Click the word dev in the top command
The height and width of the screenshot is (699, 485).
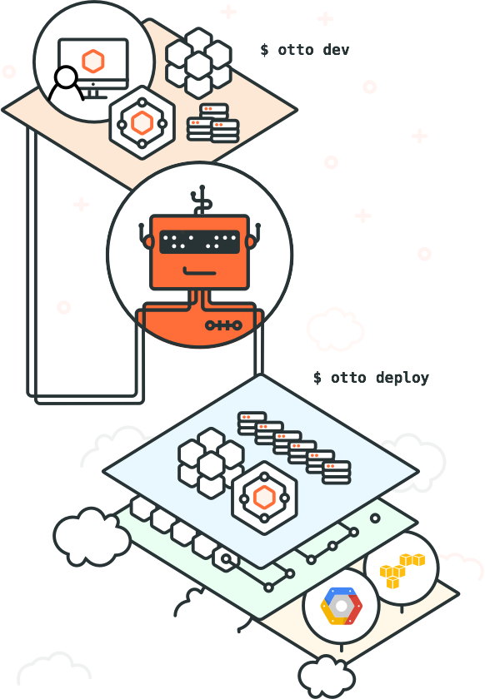pyautogui.click(x=336, y=49)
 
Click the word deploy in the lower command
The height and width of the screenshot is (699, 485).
pyautogui.click(x=402, y=378)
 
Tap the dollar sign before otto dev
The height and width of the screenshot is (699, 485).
pyautogui.click(x=265, y=49)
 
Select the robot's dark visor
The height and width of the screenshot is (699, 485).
pyautogui.click(x=200, y=242)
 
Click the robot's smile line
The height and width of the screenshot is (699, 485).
pyautogui.click(x=200, y=271)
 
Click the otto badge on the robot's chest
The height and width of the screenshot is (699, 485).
pyautogui.click(x=223, y=325)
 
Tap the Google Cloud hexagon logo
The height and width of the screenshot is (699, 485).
pyautogui.click(x=341, y=606)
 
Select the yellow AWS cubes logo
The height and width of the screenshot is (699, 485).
pyautogui.click(x=402, y=571)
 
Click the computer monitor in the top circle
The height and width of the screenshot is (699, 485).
pyautogui.click(x=93, y=67)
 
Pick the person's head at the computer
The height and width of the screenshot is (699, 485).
pyautogui.click(x=67, y=77)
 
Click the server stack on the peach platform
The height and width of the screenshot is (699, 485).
pyautogui.click(x=212, y=123)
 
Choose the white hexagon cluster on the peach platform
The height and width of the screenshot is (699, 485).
pyautogui.click(x=198, y=62)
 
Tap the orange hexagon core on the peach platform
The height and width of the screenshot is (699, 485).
pyautogui.click(x=142, y=122)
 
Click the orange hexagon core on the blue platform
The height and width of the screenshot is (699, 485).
pyautogui.click(x=264, y=498)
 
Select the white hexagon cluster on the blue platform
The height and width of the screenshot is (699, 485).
pyautogui.click(x=210, y=463)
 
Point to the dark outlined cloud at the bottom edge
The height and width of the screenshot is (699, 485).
pyautogui.click(x=327, y=677)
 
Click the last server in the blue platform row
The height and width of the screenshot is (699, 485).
pyautogui.click(x=337, y=473)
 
